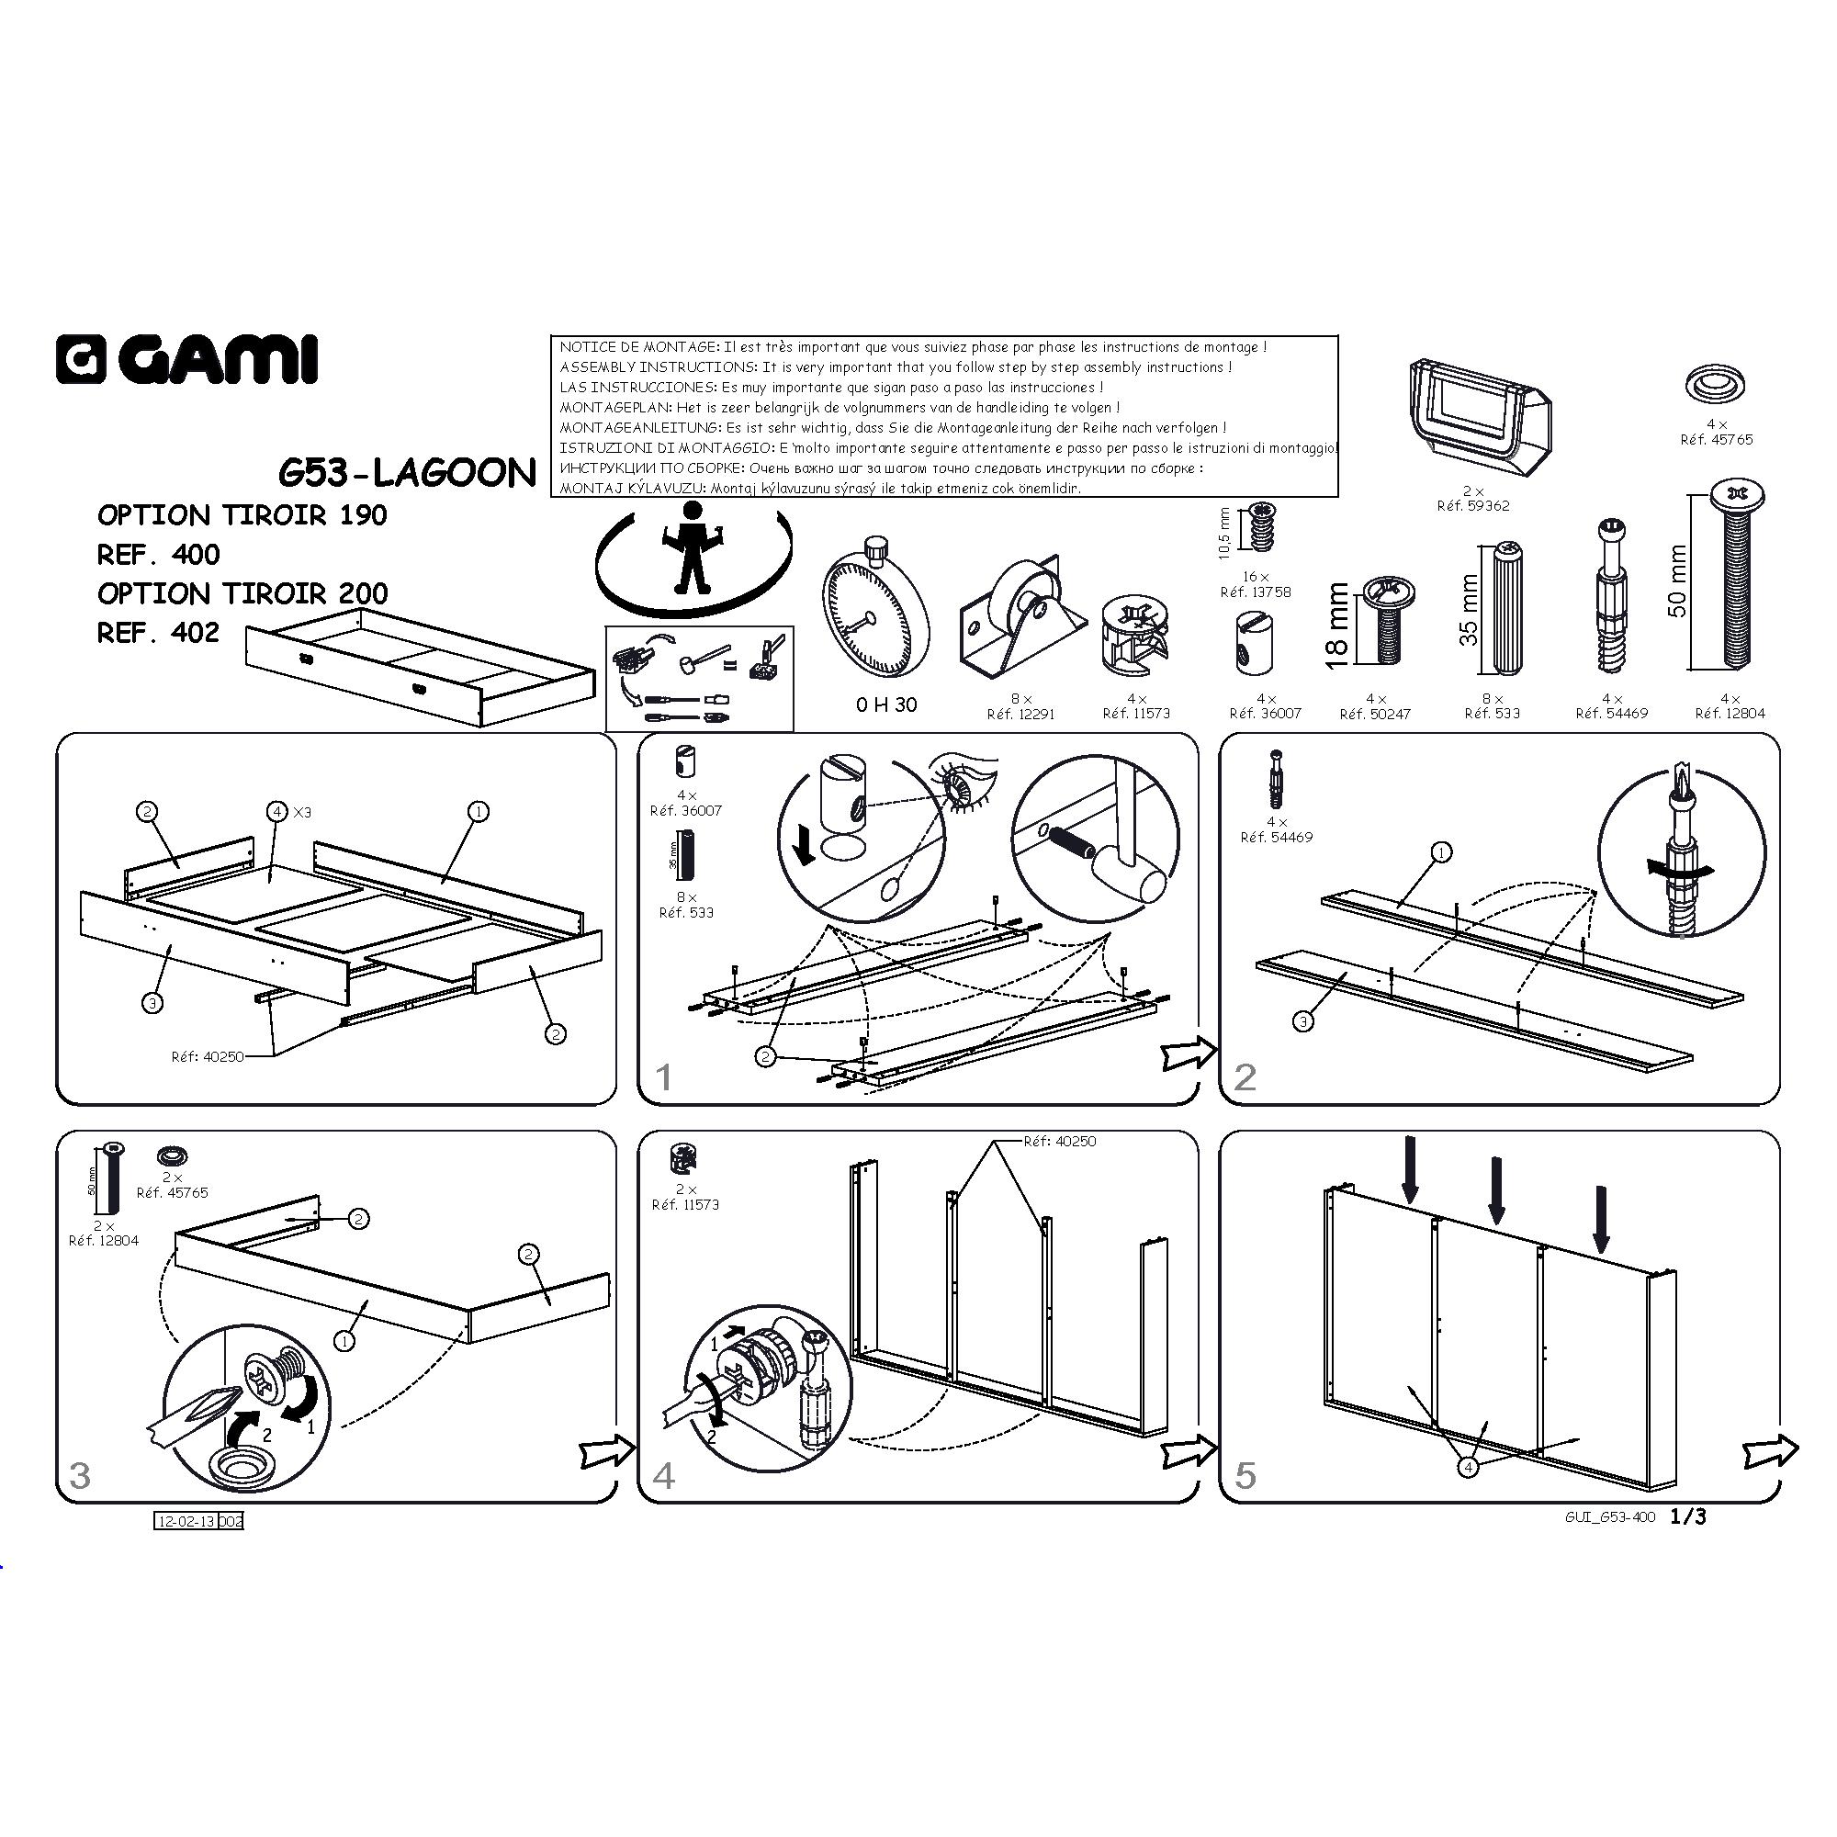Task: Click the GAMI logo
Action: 186,359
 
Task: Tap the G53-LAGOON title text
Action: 407,472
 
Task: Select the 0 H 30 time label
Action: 885,704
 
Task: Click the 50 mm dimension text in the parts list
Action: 1677,581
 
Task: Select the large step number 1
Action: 664,1077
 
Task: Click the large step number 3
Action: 80,1475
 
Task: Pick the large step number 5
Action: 1245,1475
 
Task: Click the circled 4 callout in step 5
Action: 1468,1467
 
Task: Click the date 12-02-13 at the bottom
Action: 186,1521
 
